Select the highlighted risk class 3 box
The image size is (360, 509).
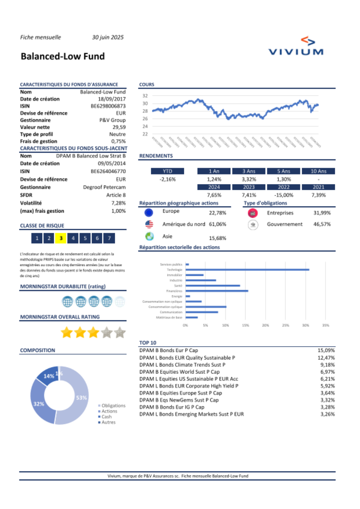click(61, 238)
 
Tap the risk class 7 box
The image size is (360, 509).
click(109, 238)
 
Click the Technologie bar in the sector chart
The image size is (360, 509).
click(247, 269)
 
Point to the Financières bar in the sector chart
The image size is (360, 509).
click(217, 291)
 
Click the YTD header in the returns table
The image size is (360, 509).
click(167, 171)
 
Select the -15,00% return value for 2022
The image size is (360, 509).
click(284, 195)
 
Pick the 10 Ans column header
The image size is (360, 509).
click(318, 171)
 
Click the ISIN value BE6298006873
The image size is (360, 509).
click(108, 106)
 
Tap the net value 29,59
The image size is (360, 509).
click(119, 127)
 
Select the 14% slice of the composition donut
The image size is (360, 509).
click(48, 375)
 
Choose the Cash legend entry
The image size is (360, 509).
click(107, 417)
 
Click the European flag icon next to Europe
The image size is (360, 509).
click(149, 213)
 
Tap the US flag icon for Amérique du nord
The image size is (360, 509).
click(149, 224)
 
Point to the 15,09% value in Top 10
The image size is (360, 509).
click(326, 350)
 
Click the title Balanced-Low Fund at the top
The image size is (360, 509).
click(63, 57)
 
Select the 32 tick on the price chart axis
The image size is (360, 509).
click(145, 96)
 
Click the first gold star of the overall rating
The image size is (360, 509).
click(67, 332)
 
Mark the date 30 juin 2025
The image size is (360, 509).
click(108, 37)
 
